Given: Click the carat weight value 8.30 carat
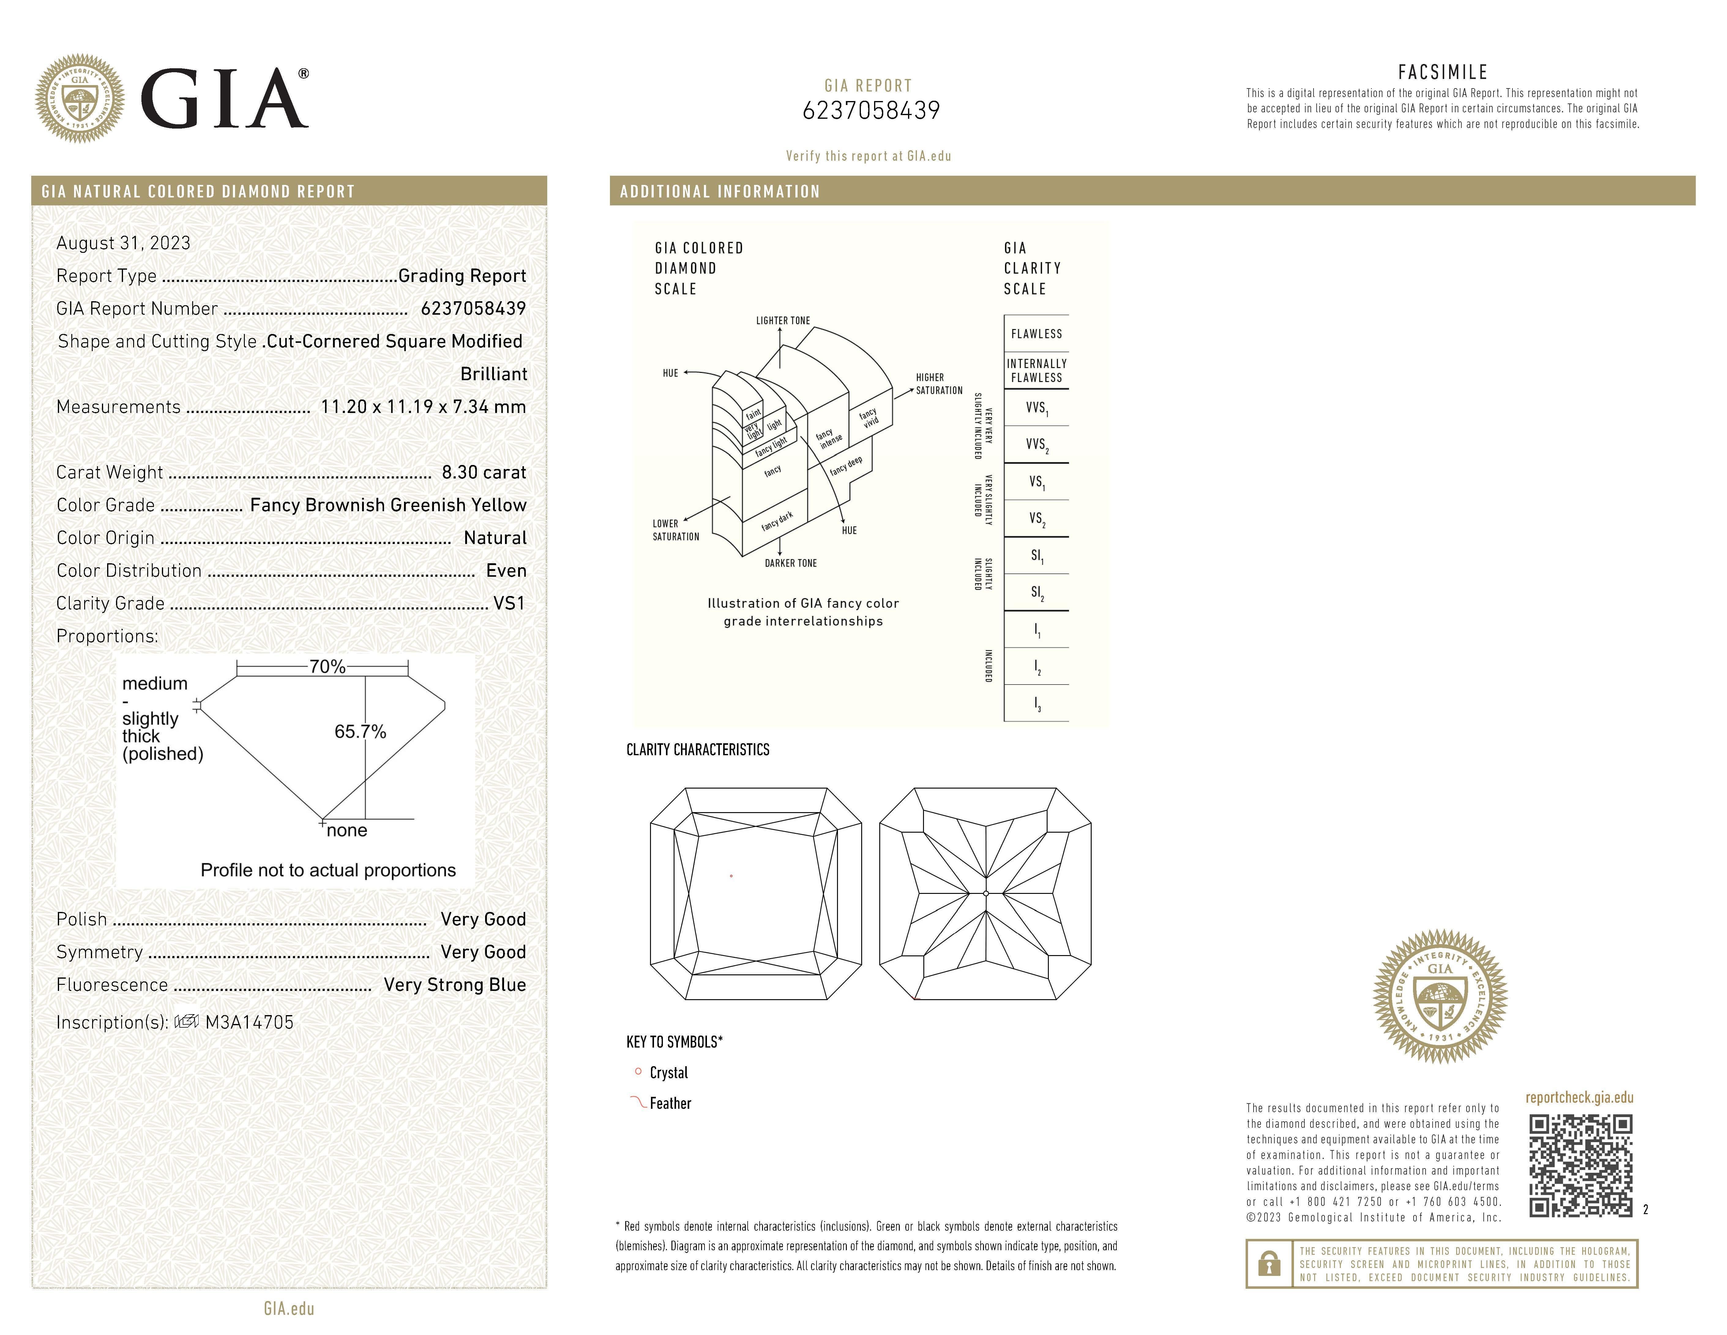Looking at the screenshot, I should click(x=483, y=472).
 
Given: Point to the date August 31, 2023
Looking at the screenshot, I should click(x=123, y=243).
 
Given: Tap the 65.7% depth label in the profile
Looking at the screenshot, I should click(x=360, y=732).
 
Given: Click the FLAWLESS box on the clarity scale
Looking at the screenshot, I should click(x=1036, y=334).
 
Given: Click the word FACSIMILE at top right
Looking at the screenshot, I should click(x=1442, y=72).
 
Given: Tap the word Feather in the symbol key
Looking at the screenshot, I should click(x=670, y=1103).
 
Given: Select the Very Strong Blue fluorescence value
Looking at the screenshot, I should click(x=455, y=984).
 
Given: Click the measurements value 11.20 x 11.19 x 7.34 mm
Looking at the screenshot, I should click(x=423, y=407).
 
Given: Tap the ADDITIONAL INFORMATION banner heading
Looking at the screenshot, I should click(x=720, y=191).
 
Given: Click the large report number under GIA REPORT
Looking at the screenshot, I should click(x=871, y=111).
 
